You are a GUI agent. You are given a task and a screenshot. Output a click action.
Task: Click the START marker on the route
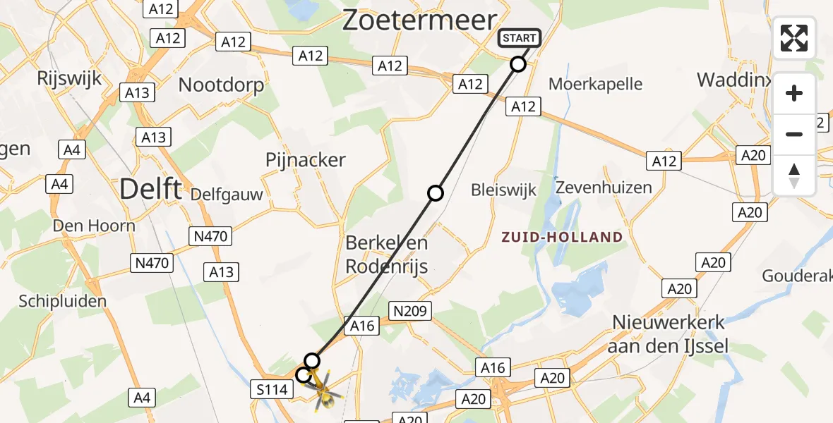520,38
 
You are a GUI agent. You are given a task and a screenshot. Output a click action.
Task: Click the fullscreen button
794,38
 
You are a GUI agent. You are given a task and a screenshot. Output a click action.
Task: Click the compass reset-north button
794,176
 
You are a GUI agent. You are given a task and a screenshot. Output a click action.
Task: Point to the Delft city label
150,189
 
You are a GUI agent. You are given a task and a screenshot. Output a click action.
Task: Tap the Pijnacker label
306,160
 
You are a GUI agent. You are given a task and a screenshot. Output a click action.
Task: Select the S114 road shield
272,388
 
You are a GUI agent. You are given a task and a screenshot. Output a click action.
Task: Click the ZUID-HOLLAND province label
562,237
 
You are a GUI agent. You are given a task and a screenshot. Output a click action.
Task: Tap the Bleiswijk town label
504,190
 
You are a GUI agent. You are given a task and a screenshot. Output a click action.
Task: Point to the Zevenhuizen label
604,188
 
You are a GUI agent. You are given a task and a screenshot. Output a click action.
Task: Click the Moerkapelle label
596,85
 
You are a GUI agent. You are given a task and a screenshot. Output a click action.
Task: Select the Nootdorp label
221,85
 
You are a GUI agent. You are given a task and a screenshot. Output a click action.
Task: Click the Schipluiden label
63,301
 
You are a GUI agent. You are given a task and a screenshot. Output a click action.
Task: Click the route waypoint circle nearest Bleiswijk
436,192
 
